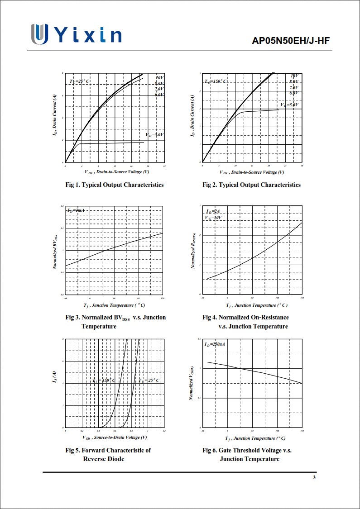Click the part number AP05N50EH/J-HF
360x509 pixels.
291,41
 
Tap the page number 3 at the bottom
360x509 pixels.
314,478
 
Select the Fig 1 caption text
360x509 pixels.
115,185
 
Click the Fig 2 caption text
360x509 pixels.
251,185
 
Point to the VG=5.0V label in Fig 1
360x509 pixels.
154,135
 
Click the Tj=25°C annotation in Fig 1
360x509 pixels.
80,81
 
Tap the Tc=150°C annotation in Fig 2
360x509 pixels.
216,81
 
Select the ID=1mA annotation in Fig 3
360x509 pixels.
76,210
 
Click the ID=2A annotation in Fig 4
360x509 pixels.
213,211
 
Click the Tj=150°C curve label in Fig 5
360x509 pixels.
104,381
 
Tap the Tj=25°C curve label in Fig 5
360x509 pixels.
149,381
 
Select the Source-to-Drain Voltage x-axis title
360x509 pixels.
115,437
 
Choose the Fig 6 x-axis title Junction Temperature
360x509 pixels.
255,438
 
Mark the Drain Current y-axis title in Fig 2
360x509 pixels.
193,118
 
